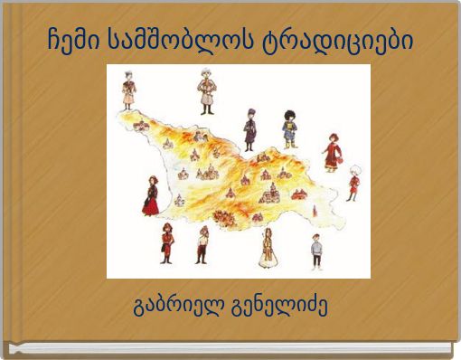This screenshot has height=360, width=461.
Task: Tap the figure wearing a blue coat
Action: (x=289, y=128)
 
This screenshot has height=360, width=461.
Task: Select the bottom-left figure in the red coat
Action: (x=166, y=242)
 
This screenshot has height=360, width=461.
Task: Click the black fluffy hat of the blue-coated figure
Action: (x=290, y=113)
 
